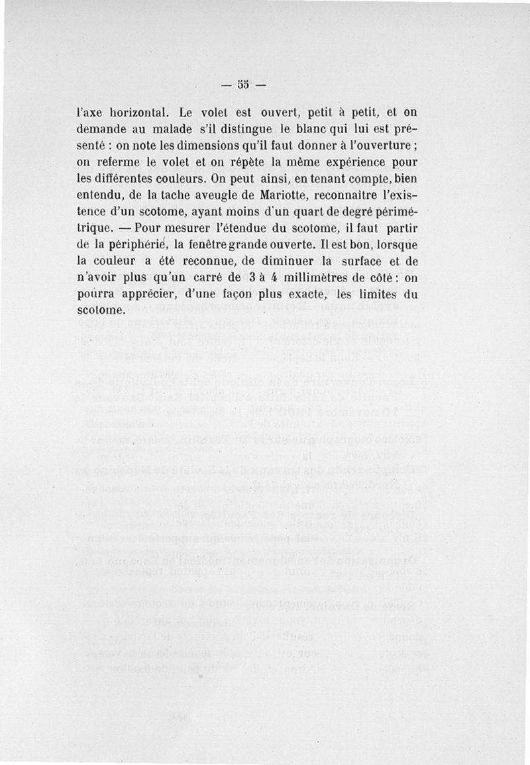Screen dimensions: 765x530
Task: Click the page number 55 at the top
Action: click(243, 84)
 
